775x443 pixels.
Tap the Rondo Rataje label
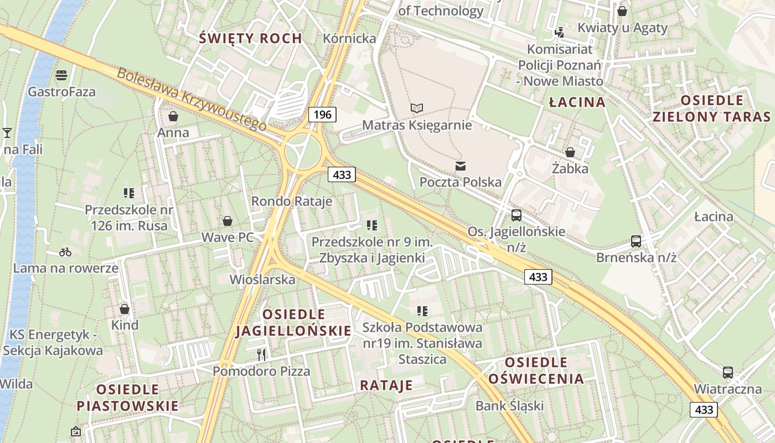[292, 201]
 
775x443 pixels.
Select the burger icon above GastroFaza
[61, 75]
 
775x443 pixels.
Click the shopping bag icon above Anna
[173, 116]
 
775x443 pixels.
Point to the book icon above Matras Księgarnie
[417, 108]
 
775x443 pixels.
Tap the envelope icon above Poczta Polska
[460, 166]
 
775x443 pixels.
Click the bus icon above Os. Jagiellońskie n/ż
[516, 215]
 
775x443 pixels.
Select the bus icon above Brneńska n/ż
[636, 241]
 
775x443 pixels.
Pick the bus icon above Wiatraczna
[727, 373]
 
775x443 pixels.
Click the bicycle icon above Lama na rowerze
[65, 252]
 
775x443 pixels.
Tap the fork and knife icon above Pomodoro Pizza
[261, 354]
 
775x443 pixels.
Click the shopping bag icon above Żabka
[570, 152]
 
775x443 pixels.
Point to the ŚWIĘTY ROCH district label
[250, 38]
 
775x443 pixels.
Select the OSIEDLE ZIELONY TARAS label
[711, 109]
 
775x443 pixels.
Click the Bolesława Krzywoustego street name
[192, 99]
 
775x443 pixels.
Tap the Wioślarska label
[262, 280]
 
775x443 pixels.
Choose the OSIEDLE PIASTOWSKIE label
[127, 398]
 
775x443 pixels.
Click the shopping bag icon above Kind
[125, 309]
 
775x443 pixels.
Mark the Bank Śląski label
[509, 406]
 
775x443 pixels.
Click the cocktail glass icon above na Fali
[7, 132]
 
